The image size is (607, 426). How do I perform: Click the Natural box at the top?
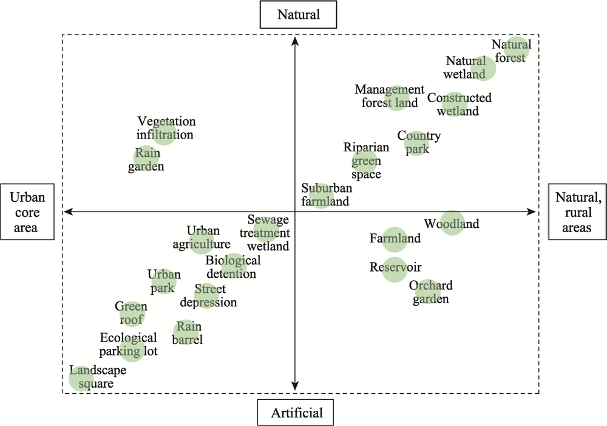pyautogui.click(x=298, y=15)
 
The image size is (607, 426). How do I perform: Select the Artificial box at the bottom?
pyautogui.click(x=296, y=413)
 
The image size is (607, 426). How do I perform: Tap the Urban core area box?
pyautogui.click(x=27, y=211)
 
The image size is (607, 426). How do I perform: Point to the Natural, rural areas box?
pyautogui.click(x=578, y=211)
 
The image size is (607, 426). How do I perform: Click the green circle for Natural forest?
pyautogui.click(x=517, y=50)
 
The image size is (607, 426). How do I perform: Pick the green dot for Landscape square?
pyautogui.click(x=81, y=379)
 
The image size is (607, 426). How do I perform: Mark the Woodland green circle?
pyautogui.click(x=452, y=223)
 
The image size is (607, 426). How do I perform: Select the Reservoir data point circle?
pyautogui.click(x=395, y=269)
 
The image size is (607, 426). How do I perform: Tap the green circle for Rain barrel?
pyautogui.click(x=186, y=332)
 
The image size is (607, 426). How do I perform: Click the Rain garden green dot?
pyautogui.click(x=146, y=158)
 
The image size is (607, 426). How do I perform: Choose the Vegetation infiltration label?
pyautogui.click(x=165, y=128)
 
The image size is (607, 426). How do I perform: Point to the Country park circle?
pyautogui.click(x=417, y=143)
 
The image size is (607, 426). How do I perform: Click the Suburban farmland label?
pyautogui.click(x=327, y=194)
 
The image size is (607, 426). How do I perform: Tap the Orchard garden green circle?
pyautogui.click(x=428, y=291)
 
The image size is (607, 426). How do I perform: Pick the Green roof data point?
pyautogui.click(x=132, y=314)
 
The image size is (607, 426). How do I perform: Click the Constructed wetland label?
pyautogui.click(x=459, y=105)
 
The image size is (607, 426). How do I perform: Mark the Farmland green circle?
pyautogui.click(x=395, y=239)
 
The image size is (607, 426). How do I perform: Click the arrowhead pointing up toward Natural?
pyautogui.click(x=295, y=41)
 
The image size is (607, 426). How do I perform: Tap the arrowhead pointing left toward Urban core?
pyautogui.click(x=69, y=211)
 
